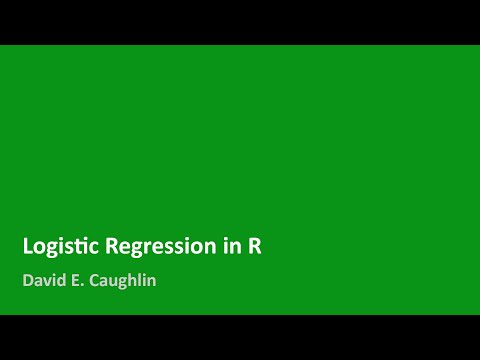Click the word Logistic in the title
coord(57,247)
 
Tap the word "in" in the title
coord(231,247)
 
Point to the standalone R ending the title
coord(254,247)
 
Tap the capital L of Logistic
coord(28,247)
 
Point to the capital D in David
coord(28,281)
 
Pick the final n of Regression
coord(214,248)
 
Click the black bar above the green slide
coord(240,22)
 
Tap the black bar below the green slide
coord(240,337)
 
